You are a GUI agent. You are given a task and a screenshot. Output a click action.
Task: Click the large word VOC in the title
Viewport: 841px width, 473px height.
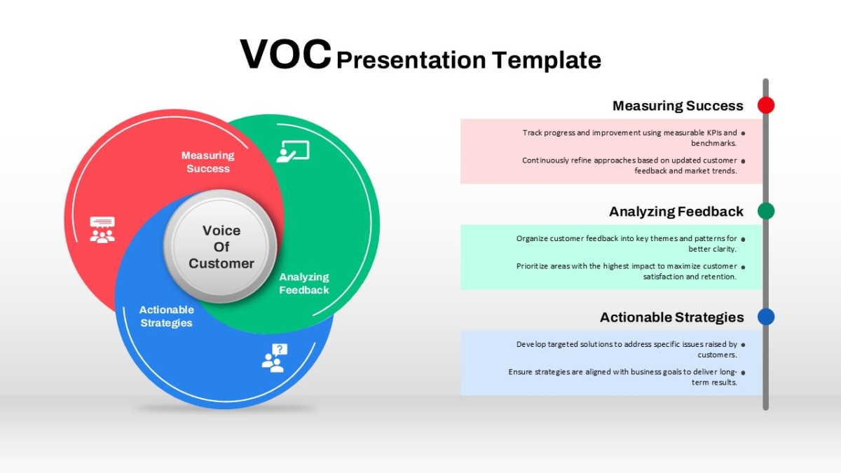coord(286,55)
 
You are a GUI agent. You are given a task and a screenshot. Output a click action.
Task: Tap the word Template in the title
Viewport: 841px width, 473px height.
coord(546,60)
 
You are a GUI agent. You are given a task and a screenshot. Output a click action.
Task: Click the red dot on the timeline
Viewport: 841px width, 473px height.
coord(766,105)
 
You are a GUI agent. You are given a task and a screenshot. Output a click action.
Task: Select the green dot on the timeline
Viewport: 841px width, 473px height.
coord(766,211)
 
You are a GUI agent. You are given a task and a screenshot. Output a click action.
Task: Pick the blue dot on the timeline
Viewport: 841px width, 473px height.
coord(766,317)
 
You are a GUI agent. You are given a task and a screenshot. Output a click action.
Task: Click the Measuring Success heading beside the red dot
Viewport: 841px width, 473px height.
coord(678,106)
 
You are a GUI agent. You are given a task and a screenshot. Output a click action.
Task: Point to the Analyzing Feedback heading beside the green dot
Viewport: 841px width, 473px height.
coord(676,212)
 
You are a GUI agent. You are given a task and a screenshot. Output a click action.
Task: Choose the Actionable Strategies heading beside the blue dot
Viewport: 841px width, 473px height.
coord(671,317)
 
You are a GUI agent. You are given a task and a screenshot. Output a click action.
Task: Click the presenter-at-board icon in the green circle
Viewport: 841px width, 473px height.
coord(293,151)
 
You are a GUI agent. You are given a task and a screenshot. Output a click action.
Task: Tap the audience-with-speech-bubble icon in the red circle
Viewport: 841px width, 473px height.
coord(102,230)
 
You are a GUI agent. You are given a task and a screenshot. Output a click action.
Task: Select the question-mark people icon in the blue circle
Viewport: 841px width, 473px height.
coord(275,358)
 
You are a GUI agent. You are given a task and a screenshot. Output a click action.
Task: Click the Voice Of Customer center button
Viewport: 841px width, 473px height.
coord(221,247)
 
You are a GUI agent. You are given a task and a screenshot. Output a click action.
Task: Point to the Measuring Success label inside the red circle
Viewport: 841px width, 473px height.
coord(208,162)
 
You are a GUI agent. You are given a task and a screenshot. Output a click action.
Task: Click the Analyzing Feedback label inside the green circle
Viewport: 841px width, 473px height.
coord(304,283)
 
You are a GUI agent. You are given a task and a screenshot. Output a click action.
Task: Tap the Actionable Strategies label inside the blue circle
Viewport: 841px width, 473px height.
coord(166,316)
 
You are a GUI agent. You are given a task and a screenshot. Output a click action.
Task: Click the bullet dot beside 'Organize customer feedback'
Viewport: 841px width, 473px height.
coord(743,239)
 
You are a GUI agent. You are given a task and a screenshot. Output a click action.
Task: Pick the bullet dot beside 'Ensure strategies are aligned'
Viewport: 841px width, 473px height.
coord(743,373)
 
